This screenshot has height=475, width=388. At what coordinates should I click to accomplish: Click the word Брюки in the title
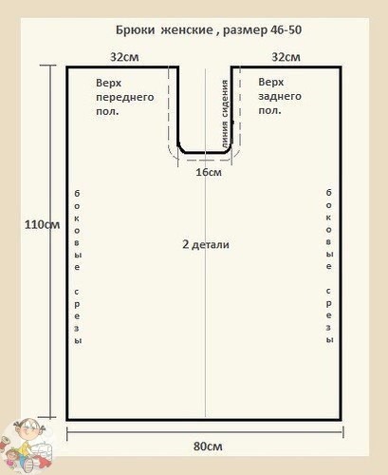pos(135,30)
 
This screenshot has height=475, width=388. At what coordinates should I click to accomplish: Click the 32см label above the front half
pos(124,57)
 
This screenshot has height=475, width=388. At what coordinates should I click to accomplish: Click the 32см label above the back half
pos(286,57)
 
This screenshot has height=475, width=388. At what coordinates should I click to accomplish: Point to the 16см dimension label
pos(209,172)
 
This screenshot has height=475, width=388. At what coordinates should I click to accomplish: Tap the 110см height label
pos(42,224)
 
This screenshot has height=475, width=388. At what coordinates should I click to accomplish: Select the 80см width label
pos(208,446)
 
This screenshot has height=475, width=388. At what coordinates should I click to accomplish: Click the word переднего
pos(125,98)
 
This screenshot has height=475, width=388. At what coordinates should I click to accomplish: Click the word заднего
pos(280,97)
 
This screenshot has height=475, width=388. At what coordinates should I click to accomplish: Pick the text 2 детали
pos(206,244)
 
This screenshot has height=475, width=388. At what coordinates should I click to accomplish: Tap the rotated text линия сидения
pos(225,114)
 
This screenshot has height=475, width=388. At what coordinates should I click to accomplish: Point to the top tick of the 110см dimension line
pos(49,66)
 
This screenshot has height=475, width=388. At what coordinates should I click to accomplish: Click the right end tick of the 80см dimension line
pos(342,432)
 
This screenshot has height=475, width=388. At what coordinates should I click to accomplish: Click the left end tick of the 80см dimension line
pos(67,433)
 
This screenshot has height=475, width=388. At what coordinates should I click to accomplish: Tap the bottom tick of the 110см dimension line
pos(49,418)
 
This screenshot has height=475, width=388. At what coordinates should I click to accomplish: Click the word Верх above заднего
pos(271,82)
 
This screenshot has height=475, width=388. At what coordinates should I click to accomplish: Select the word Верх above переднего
pos(108,83)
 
